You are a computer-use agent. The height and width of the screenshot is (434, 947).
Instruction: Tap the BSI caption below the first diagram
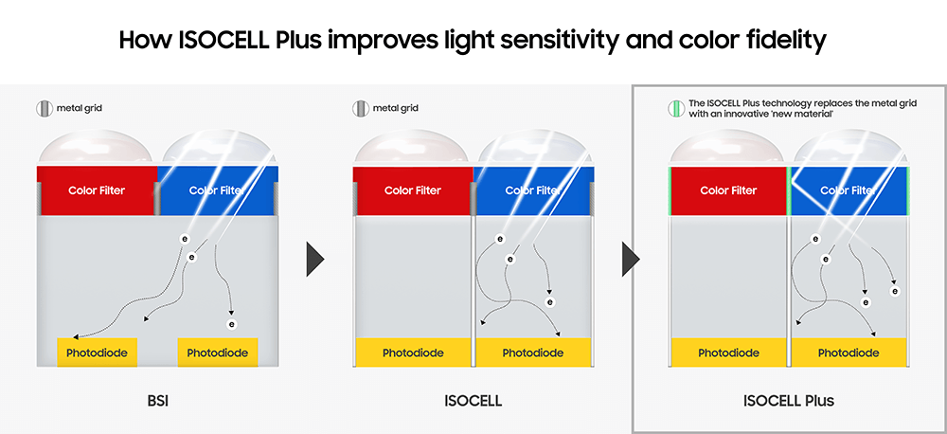pyautogui.click(x=156, y=401)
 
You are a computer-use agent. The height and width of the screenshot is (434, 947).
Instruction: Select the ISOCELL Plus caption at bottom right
pyautogui.click(x=790, y=401)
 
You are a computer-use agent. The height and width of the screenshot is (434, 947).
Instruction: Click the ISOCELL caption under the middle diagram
pyautogui.click(x=473, y=401)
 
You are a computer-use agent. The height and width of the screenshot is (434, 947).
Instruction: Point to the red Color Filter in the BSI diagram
pyautogui.click(x=97, y=190)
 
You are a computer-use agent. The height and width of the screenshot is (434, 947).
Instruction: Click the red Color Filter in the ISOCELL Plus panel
pyautogui.click(x=728, y=190)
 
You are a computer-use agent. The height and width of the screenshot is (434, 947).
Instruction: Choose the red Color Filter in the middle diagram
pyautogui.click(x=413, y=190)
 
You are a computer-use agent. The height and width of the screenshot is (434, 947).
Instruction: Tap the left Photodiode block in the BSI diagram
pyautogui.click(x=97, y=353)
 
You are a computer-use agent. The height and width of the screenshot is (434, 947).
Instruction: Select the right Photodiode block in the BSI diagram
pyautogui.click(x=218, y=353)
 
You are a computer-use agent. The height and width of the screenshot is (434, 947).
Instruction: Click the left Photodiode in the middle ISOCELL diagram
pyautogui.click(x=413, y=353)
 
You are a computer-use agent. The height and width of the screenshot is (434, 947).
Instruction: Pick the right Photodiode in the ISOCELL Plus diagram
pyautogui.click(x=849, y=353)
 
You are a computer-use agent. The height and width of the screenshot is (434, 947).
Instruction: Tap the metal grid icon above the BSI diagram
pyautogui.click(x=43, y=108)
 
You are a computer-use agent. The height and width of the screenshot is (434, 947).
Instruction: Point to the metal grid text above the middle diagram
pyautogui.click(x=395, y=108)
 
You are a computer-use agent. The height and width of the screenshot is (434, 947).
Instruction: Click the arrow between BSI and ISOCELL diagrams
pyautogui.click(x=315, y=259)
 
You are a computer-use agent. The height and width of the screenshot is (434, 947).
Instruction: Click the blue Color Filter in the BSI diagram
pyautogui.click(x=218, y=190)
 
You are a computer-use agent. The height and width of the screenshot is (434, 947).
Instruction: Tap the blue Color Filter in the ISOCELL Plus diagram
pyautogui.click(x=848, y=190)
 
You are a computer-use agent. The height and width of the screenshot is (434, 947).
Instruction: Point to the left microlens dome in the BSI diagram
pyautogui.click(x=97, y=150)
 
